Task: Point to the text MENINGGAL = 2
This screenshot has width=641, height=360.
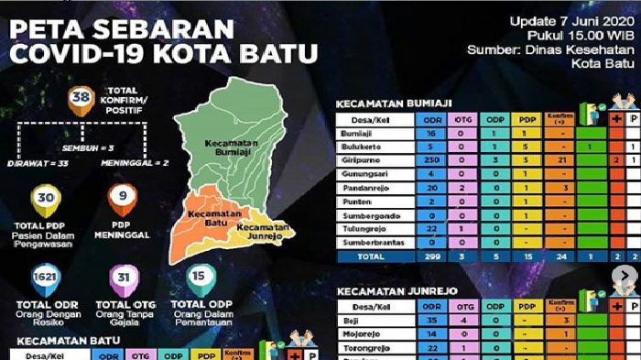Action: pyautogui.click(x=134, y=164)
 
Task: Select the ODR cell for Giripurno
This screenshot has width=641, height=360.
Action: pyautogui.click(x=429, y=159)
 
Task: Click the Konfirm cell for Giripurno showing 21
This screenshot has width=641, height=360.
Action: pyautogui.click(x=561, y=159)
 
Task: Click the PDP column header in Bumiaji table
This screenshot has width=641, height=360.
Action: pyautogui.click(x=528, y=119)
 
